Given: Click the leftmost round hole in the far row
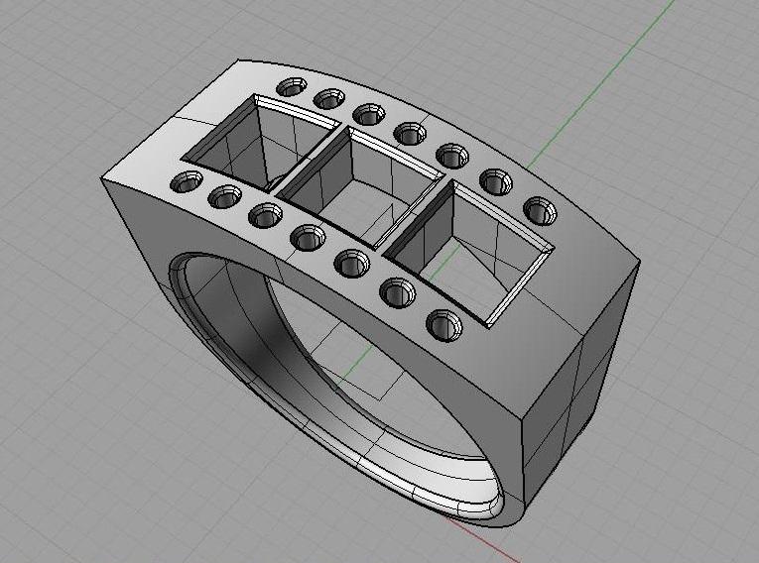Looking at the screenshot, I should click(291, 87).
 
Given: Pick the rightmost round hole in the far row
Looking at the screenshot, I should click(540, 210).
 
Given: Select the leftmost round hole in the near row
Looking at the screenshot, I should click(187, 181).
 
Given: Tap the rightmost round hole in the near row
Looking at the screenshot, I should click(443, 324).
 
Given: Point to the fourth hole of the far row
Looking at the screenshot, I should click(410, 133).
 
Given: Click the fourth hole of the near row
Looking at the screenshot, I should click(308, 237).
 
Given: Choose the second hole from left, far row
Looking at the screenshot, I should click(329, 98).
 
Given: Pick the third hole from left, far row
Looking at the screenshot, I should click(369, 115).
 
